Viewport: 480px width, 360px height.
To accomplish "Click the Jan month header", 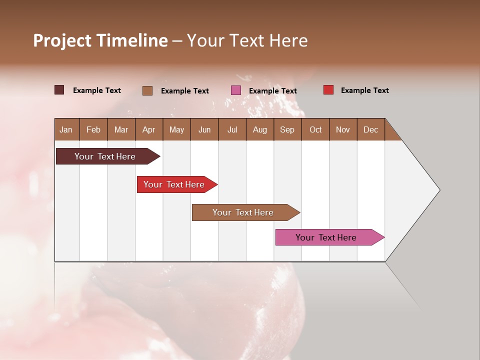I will tap(66, 130).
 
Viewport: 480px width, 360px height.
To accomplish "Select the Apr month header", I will tap(148, 130).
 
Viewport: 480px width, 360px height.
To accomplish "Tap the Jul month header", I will tap(232, 130).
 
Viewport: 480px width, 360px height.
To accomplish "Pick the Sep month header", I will tap(287, 130).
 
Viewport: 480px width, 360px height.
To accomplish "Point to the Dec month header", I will tap(370, 130).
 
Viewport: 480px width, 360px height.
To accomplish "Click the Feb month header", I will tap(93, 130).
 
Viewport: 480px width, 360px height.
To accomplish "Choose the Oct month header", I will tap(315, 130).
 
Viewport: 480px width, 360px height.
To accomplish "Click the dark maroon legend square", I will tap(59, 90).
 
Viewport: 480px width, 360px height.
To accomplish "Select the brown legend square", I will tap(147, 90).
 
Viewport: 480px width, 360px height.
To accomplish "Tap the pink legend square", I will tap(236, 90).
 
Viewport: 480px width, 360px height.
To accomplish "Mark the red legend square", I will tap(328, 90).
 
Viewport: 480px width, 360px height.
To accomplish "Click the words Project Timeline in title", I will tap(100, 40).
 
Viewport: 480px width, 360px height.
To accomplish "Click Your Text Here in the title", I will tap(247, 40).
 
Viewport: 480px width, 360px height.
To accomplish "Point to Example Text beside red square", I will tap(364, 90).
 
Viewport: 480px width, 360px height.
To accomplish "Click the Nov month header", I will tap(342, 130).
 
